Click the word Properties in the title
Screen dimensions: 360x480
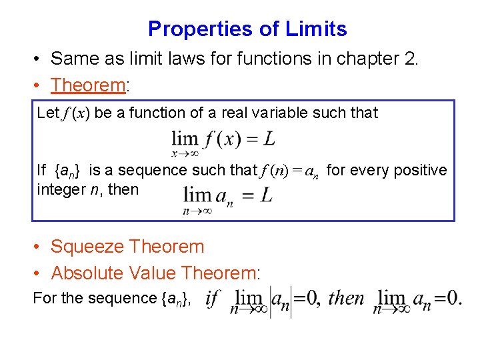point(194,29)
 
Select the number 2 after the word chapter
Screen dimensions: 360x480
point(408,59)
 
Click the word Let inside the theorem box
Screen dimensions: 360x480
point(48,113)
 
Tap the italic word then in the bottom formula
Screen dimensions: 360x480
point(347,297)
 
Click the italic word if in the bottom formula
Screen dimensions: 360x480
point(213,297)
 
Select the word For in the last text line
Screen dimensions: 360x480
point(45,298)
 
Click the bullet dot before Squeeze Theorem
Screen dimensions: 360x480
point(38,247)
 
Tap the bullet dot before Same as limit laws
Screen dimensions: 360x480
point(38,59)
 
